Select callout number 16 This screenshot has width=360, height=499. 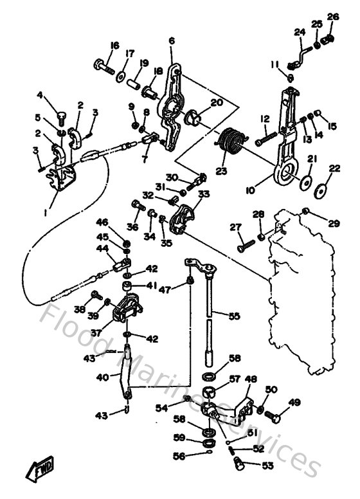pyautogui.click(x=115, y=45)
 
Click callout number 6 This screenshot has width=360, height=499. pyautogui.click(x=172, y=41)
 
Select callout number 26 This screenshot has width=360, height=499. pyautogui.click(x=332, y=17)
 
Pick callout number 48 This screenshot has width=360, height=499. pyautogui.click(x=251, y=379)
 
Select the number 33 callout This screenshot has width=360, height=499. pyautogui.click(x=203, y=193)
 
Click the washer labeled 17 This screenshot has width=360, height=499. pyautogui.click(x=121, y=77)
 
